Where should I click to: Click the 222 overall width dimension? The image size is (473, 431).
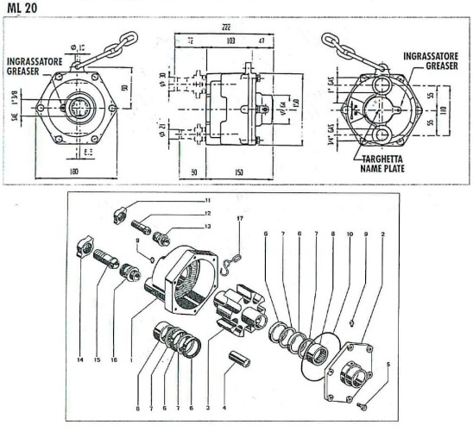[226, 28]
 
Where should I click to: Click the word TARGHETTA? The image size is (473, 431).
[386, 160]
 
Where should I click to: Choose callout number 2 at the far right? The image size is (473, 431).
[382, 234]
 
